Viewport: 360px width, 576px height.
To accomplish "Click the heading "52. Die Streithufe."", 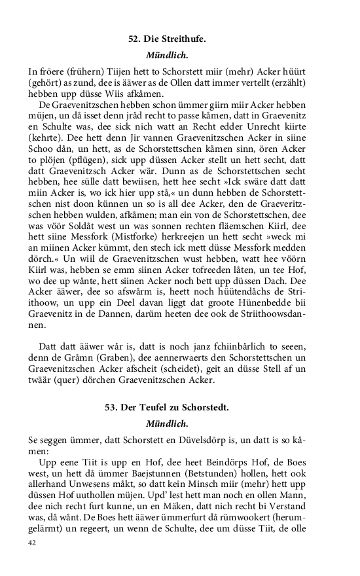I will pyautogui.click(x=167, y=39).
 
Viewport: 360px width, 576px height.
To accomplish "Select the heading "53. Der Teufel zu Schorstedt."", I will pyautogui.click(x=167, y=408).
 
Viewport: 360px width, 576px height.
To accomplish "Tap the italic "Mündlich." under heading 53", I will pyautogui.click(x=167, y=423).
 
